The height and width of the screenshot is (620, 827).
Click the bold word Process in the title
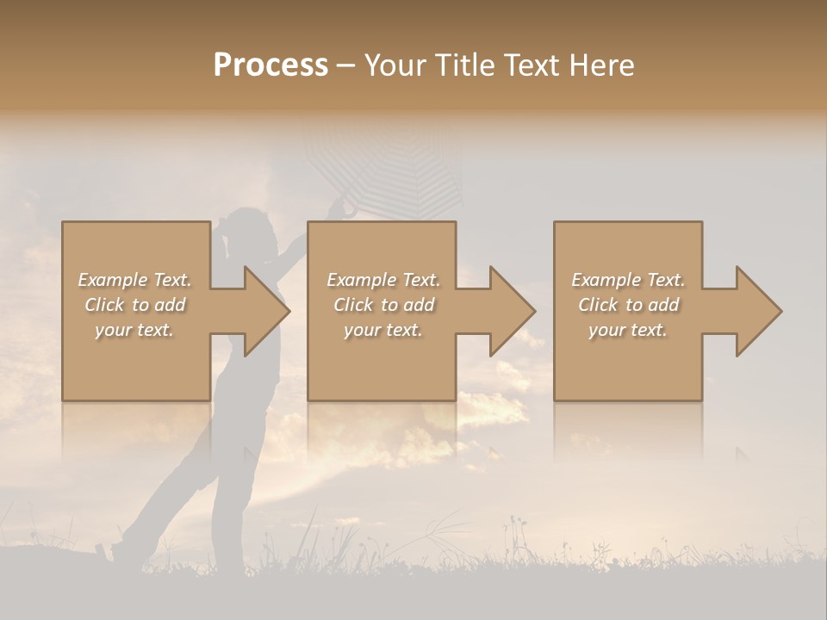point(270,65)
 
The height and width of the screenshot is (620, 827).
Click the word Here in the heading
point(600,65)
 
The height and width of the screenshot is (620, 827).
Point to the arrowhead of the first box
point(265,312)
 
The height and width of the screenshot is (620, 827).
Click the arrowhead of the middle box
point(512,312)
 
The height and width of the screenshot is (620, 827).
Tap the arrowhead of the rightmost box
point(758,312)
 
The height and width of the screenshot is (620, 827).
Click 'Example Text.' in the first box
point(134,280)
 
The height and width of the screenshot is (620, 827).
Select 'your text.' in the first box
point(134,330)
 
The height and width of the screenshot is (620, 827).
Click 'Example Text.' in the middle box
point(383,280)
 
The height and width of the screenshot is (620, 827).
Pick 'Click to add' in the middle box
point(383,305)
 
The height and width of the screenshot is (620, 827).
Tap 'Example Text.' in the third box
point(628,280)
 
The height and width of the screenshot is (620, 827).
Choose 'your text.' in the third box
point(628,330)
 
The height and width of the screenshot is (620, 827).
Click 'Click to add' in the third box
point(628,305)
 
